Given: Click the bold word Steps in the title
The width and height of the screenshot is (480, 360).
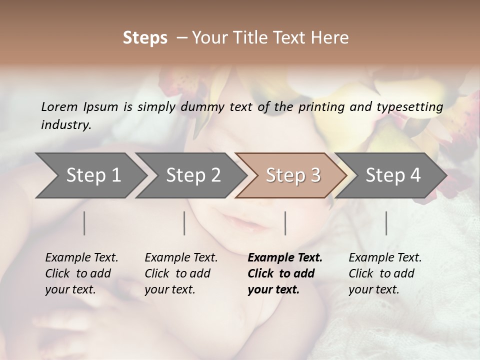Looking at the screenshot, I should coord(145,38).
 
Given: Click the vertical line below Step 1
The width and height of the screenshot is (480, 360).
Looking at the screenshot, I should coord(84,223).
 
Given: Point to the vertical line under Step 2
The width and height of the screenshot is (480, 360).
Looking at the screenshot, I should coord(184,223).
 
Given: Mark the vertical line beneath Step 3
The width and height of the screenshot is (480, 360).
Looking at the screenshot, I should coord(285,223).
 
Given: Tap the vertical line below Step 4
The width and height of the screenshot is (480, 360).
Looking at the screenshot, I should coord(386,223).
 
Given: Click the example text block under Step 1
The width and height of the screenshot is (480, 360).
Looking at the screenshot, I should coord(81,273).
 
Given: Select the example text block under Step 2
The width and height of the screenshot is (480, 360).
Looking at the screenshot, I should coord(181,273).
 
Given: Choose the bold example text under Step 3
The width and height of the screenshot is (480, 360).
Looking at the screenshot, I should coord(285,273).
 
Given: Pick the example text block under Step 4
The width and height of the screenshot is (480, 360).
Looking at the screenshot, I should coord(385,273).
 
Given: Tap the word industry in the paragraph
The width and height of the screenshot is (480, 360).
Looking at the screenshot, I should coord(65,125).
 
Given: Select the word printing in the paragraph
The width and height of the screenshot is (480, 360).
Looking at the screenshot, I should coord(322,107).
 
